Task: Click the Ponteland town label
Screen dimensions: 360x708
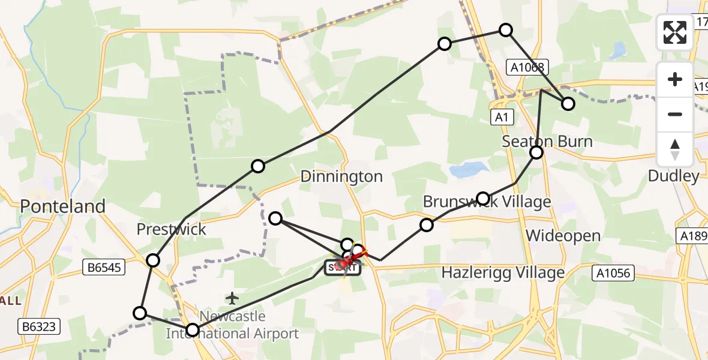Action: point(62,206)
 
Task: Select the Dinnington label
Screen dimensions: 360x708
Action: point(341,176)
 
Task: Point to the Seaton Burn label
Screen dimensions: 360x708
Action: point(547,142)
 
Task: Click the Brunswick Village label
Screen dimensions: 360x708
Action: point(487,202)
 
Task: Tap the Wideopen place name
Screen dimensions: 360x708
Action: point(563,236)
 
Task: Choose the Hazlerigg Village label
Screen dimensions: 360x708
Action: point(503,272)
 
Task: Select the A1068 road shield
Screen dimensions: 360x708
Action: point(526,68)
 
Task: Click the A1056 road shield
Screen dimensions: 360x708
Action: point(613,274)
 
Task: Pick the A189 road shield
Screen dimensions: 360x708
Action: point(693,235)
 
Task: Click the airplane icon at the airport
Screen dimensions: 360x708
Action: point(232,298)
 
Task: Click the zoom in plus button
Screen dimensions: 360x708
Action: point(675,79)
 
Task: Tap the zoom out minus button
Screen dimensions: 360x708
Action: point(675,114)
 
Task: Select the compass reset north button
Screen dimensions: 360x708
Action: point(675,149)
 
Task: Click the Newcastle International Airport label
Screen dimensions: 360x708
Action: point(232,325)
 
